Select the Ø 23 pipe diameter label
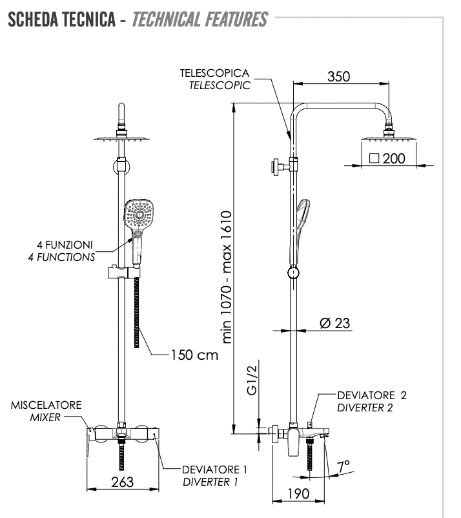(x=334, y=323)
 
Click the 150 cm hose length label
(x=194, y=355)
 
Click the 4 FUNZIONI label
(x=66, y=246)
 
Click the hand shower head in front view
(x=139, y=214)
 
